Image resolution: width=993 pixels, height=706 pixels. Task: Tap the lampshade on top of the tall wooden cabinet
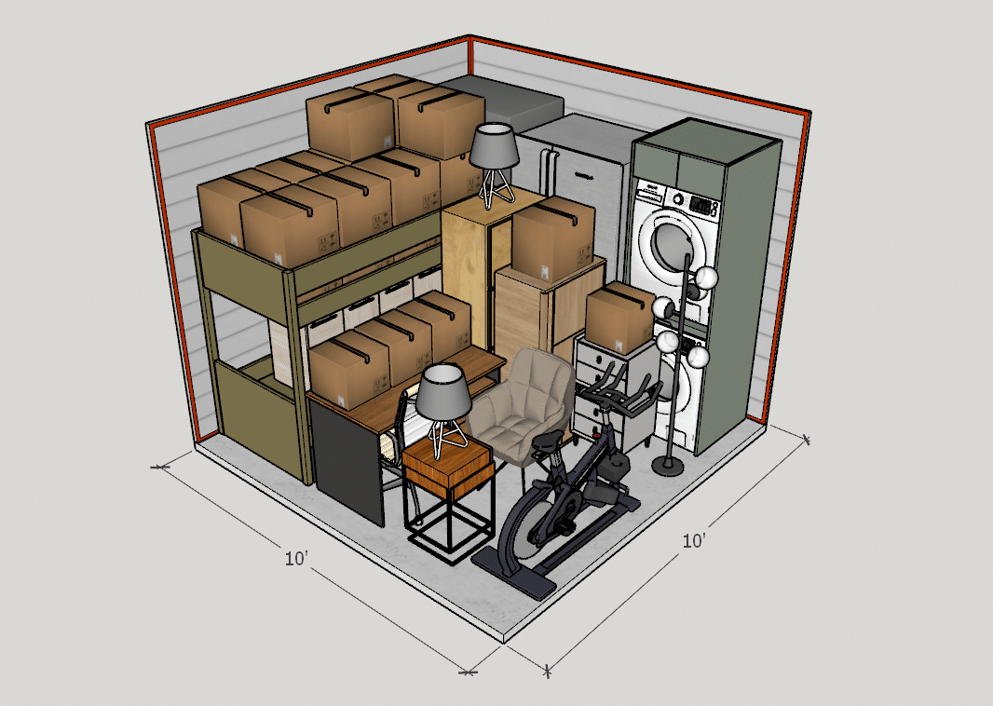[x=494, y=146]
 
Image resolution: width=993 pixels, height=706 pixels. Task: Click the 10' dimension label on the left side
[x=297, y=559]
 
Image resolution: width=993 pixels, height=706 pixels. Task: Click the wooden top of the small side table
[x=447, y=455]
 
